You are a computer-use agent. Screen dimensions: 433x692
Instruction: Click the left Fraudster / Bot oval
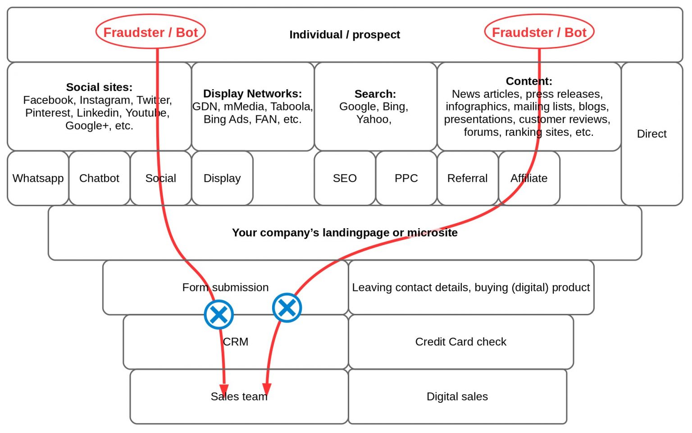(x=150, y=32)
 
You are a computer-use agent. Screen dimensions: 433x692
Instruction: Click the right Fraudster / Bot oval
(x=539, y=32)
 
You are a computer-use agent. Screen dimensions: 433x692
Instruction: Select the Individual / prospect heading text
(x=345, y=35)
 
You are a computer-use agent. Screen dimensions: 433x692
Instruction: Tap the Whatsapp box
(x=38, y=178)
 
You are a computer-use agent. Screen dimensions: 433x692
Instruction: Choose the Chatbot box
(x=99, y=178)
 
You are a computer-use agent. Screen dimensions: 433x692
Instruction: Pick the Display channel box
(x=222, y=178)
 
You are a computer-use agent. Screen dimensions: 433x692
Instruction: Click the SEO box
(x=345, y=178)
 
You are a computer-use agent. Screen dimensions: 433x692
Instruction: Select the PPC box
(x=406, y=178)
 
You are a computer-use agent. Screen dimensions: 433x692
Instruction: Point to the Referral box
(x=467, y=178)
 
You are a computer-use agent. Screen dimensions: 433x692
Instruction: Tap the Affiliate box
(x=529, y=178)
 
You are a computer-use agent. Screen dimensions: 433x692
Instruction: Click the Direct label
(x=651, y=134)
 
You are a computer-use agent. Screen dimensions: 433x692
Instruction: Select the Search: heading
(x=375, y=94)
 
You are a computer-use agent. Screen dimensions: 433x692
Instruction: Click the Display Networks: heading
(x=252, y=93)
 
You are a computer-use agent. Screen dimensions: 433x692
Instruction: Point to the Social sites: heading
(x=99, y=87)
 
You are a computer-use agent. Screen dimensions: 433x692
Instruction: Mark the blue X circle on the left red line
(x=219, y=314)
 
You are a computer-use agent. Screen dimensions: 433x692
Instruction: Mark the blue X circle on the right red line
(x=287, y=308)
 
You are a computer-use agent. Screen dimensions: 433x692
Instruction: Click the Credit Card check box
(x=460, y=342)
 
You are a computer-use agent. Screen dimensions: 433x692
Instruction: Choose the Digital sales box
(x=457, y=396)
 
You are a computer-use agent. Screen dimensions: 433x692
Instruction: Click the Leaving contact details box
(x=471, y=287)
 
